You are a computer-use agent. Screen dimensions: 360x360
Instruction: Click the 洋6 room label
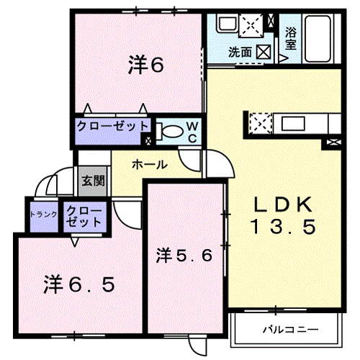point(146,64)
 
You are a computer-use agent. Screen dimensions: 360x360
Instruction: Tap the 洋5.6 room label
point(184,256)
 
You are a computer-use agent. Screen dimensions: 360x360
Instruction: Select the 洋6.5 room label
point(79,284)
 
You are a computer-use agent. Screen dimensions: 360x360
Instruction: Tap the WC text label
point(192,132)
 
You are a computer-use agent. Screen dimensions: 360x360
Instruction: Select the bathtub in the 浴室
point(318,38)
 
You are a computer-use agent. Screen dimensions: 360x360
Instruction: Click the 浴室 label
point(291,38)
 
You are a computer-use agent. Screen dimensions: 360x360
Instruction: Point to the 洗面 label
point(240,52)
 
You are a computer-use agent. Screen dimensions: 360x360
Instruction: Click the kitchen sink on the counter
point(293,124)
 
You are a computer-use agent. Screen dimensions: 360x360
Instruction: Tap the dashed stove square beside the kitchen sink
point(261,124)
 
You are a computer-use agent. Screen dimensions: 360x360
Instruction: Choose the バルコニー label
point(291,330)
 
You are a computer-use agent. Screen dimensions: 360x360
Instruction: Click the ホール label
point(150,165)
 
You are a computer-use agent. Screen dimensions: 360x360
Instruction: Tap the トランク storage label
point(44,215)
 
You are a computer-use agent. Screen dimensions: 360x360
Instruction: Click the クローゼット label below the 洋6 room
point(112,126)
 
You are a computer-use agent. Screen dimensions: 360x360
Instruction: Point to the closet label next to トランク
point(84,217)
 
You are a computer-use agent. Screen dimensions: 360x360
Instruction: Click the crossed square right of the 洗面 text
point(264,52)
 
